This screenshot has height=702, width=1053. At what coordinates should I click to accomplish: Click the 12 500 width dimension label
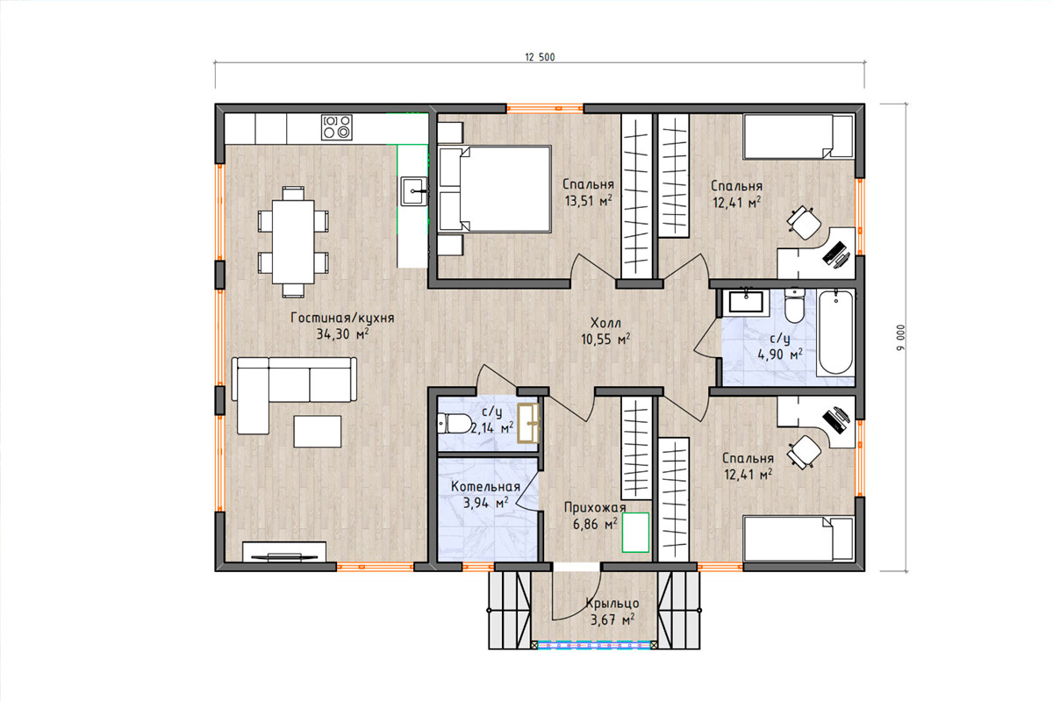coord(540,57)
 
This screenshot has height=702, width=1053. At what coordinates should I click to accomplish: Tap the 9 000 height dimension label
coord(900,338)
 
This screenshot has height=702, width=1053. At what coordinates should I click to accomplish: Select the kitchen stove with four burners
coord(337,127)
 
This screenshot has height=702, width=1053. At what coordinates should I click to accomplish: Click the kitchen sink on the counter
coord(413,191)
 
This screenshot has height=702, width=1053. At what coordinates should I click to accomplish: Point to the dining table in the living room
coord(293,241)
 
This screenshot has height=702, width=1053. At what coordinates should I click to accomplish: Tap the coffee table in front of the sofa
coord(318,431)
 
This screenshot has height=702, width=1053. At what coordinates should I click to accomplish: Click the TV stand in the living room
coord(284,552)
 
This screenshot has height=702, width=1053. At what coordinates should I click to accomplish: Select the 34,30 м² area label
coord(342,334)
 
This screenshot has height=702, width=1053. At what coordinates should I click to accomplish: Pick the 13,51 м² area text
coord(589,201)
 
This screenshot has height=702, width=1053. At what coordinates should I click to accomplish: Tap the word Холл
coord(605,323)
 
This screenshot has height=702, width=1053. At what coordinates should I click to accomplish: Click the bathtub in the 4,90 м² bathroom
coord(835,333)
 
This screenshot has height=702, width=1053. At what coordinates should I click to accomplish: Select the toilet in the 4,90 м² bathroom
coord(794,305)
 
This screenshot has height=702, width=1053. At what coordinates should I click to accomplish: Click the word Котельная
coord(485,487)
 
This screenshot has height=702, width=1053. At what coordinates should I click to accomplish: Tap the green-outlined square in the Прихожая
coord(635,533)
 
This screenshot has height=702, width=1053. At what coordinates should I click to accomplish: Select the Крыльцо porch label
coord(612,603)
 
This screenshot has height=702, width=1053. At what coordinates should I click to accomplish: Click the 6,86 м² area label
coord(595,524)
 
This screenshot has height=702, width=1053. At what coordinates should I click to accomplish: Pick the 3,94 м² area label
coord(486,503)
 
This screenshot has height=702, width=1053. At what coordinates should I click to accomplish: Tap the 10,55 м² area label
coord(605,339)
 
